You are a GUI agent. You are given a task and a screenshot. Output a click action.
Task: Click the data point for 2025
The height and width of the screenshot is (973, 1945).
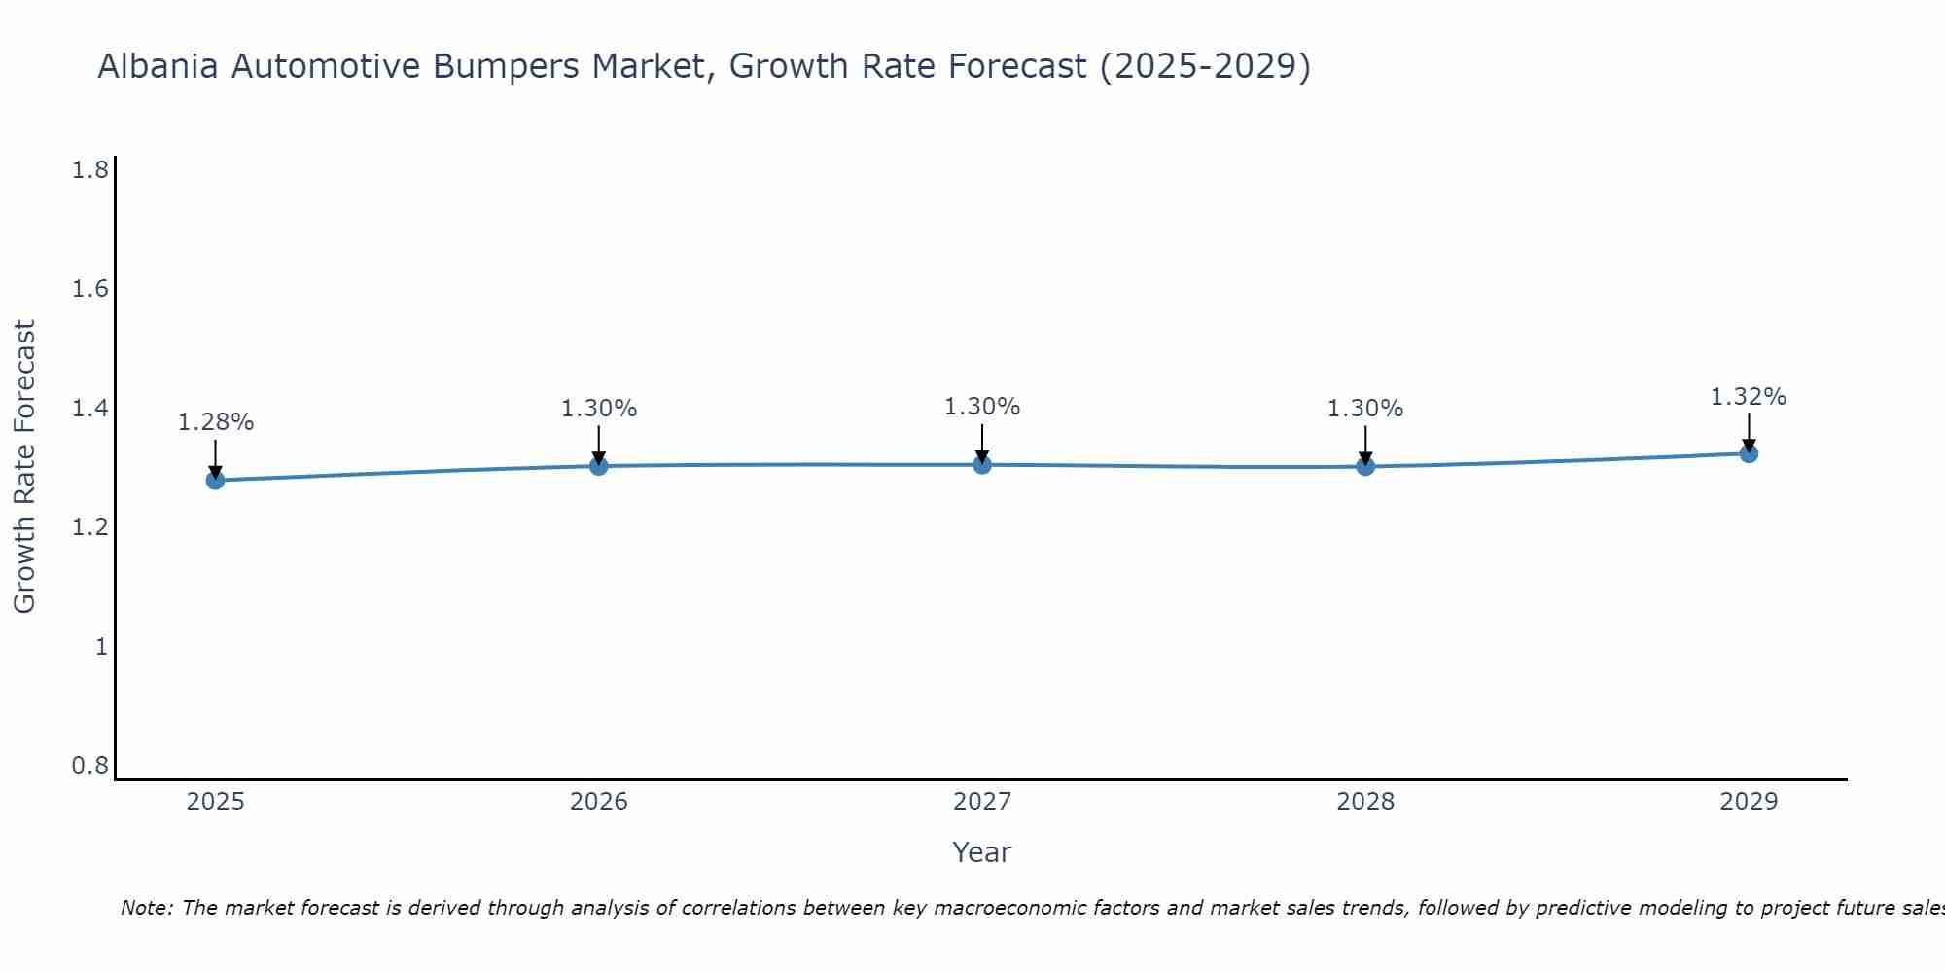click(x=215, y=480)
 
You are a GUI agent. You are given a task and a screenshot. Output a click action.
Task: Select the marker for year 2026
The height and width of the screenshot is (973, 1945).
click(x=598, y=466)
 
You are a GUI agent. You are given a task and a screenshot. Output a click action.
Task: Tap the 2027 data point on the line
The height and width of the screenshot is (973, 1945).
click(x=982, y=465)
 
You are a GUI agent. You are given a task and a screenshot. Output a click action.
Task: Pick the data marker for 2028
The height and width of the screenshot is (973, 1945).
click(x=1365, y=466)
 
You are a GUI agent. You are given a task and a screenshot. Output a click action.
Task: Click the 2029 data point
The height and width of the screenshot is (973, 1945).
click(x=1749, y=453)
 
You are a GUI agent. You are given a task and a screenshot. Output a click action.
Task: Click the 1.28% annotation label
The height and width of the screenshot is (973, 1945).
click(x=216, y=422)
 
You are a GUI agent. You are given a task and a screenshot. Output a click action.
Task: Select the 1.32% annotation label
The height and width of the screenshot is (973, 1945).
click(x=1749, y=397)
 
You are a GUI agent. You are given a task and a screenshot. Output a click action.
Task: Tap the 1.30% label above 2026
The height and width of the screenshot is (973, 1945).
click(x=599, y=409)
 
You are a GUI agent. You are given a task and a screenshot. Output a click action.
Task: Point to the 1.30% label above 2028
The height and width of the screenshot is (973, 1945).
click(x=1365, y=409)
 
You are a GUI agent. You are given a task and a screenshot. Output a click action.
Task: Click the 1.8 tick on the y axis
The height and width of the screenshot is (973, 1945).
click(x=90, y=170)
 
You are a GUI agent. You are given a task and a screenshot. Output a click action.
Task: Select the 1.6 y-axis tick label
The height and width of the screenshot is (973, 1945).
click(x=90, y=290)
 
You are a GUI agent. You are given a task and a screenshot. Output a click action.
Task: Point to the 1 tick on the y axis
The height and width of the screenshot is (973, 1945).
click(x=101, y=647)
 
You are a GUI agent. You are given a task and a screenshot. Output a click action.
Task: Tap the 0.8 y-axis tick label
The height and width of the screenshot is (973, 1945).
click(x=90, y=766)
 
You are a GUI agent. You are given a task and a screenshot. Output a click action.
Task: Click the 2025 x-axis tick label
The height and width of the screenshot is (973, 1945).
click(x=215, y=802)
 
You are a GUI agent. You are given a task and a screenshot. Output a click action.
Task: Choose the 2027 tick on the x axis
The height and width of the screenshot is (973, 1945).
click(x=982, y=802)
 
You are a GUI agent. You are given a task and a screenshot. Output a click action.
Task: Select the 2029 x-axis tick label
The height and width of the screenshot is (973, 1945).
click(x=1749, y=802)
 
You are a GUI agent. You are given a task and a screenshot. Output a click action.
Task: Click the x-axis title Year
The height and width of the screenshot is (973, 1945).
click(x=982, y=852)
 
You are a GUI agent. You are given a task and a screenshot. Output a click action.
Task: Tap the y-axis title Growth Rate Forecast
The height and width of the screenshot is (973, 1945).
click(x=24, y=467)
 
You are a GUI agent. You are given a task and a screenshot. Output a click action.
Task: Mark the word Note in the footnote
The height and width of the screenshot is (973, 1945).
click(x=145, y=908)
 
